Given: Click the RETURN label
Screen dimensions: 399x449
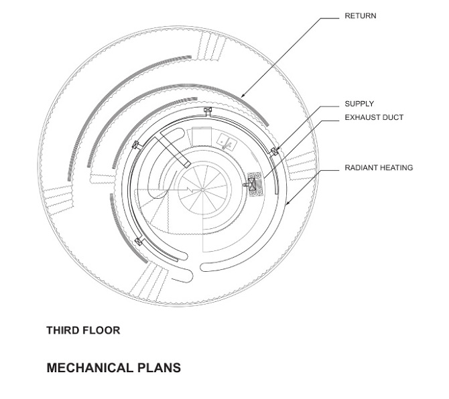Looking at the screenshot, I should click(x=360, y=16).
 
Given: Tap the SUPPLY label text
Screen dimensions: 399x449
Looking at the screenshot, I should click(x=359, y=104).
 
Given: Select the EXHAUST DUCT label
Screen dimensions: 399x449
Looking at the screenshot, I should click(x=374, y=118).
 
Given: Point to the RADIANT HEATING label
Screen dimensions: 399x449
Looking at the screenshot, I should click(x=379, y=168).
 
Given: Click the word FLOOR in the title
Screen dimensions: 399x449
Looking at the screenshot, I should click(x=103, y=330).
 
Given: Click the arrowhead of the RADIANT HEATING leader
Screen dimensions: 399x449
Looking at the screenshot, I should click(x=286, y=204).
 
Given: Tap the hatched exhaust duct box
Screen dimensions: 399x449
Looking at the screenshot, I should click(x=254, y=183).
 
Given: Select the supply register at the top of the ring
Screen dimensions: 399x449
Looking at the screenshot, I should click(x=208, y=110).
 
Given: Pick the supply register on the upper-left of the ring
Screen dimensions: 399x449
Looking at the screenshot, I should click(x=136, y=145).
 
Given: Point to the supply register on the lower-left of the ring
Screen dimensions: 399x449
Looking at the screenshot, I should click(x=139, y=241).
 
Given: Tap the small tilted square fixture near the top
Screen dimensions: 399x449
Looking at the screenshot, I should click(x=227, y=141).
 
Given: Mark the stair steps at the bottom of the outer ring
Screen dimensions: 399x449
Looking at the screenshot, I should click(x=149, y=280).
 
